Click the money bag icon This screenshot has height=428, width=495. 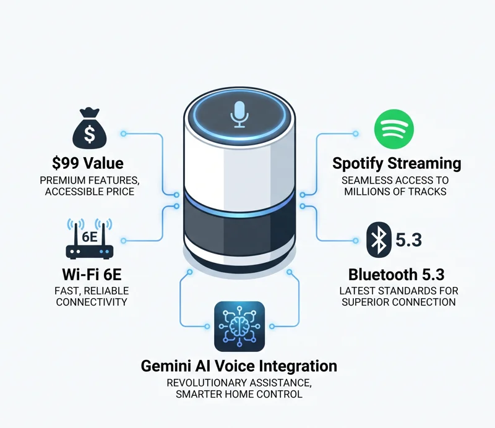tap(90, 129)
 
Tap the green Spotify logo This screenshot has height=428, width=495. tap(394, 129)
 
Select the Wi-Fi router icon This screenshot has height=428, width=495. tap(90, 239)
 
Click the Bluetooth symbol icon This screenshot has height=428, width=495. tap(379, 239)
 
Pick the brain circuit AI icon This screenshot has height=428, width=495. tap(239, 327)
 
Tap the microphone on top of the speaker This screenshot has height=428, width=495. tap(239, 114)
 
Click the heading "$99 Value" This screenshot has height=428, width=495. tap(88, 163)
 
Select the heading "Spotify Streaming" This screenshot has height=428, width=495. tap(397, 163)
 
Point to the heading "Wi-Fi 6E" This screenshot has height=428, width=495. tap(92, 274)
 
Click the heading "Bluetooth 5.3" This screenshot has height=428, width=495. tap(397, 275)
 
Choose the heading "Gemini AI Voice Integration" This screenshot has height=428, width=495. tap(239, 366)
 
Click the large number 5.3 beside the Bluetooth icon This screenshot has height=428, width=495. tap(408, 240)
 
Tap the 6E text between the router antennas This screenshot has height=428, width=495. tap(90, 237)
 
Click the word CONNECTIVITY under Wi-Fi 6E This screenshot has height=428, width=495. tap(92, 302)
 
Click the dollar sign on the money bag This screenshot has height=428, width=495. tap(89, 134)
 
